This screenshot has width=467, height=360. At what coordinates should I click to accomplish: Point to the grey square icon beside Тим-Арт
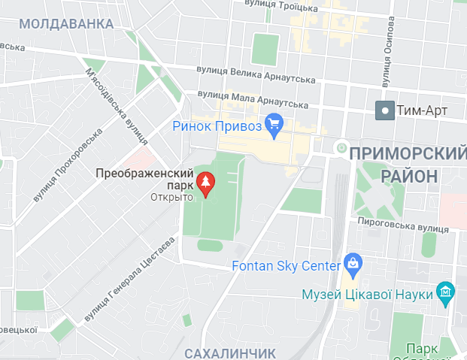[x=386, y=110]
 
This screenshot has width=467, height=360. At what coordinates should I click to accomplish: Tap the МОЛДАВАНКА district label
[x=62, y=24]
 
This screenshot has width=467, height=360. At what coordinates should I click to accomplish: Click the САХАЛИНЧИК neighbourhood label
[x=230, y=352]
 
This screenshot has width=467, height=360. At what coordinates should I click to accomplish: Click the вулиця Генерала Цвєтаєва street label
[x=129, y=280]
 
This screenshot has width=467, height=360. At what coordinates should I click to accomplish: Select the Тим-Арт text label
[x=422, y=110]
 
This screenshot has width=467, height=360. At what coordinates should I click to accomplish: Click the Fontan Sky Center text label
[x=286, y=266]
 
